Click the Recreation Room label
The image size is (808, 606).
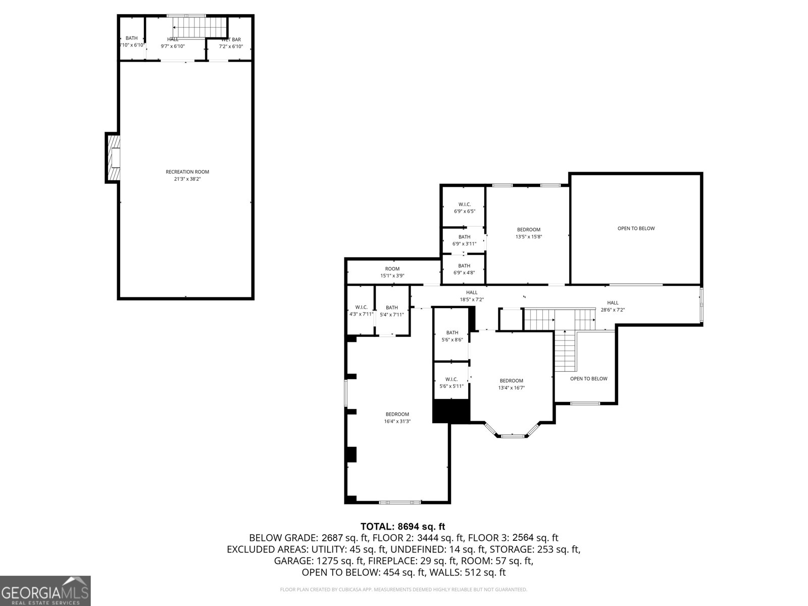187,172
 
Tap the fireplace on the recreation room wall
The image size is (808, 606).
114,157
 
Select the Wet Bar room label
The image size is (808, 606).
231,39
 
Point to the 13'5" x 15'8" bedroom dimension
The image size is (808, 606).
529,236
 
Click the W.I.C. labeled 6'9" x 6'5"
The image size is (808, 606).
464,208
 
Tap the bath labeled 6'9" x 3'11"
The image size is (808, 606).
464,240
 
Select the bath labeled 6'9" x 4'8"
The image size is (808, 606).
464,269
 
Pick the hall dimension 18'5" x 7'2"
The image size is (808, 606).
472,299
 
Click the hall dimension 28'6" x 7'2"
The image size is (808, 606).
613,310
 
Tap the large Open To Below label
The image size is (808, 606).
636,228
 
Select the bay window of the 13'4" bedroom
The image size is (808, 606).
512,433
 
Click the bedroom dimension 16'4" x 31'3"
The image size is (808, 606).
397,421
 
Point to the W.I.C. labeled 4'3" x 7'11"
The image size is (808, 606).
361,311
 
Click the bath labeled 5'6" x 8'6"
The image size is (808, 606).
452,336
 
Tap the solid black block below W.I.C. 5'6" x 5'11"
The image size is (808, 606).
451,411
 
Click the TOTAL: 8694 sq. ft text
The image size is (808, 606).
402,527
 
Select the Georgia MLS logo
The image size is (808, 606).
45,591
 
